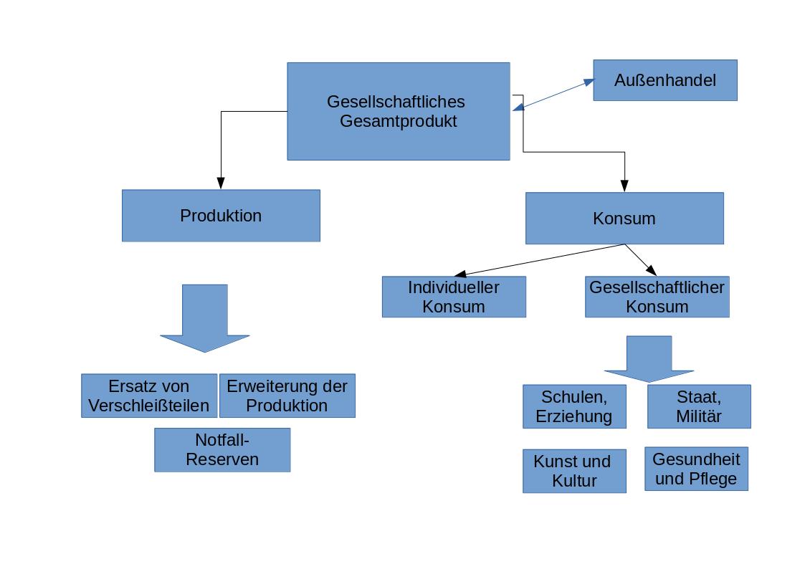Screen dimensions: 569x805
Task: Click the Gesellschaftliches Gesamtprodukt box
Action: coord(398,111)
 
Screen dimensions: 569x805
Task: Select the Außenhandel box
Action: coord(665,80)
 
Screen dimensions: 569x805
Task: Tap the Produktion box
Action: coord(221,216)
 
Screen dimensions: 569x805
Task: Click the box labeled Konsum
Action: coord(624,218)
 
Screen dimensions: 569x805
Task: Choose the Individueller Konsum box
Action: coord(453,297)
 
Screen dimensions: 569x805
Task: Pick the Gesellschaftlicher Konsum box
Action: coord(657,297)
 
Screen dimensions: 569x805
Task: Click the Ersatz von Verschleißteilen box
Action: coord(148,396)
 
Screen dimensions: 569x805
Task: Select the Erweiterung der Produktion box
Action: coord(287,396)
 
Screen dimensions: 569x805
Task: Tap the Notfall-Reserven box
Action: coord(222,450)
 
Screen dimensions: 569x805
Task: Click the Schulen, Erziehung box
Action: coord(573,406)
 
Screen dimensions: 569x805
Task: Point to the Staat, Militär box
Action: coord(699,406)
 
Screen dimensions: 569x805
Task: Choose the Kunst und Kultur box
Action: coord(573,471)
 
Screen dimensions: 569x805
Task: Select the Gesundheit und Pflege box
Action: coord(695,469)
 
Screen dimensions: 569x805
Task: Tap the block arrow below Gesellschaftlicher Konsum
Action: coord(649,358)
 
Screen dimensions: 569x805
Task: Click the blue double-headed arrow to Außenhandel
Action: coord(553,95)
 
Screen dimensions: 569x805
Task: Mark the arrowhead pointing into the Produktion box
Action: coord(221,183)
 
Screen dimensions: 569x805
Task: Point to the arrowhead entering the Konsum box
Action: coord(624,186)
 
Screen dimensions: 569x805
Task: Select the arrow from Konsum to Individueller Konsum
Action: coord(538,260)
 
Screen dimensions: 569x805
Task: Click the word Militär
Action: coord(699,416)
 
